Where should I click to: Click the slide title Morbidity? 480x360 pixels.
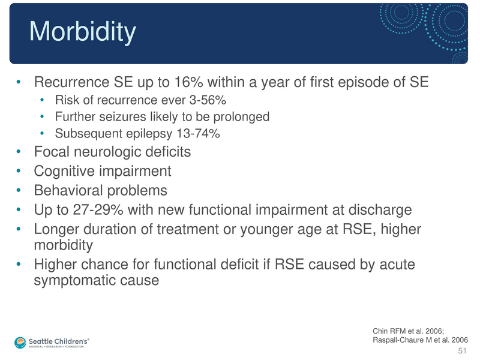point(82,32)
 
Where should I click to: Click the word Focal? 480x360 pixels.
point(52,152)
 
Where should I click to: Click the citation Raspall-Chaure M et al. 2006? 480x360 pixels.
point(420,340)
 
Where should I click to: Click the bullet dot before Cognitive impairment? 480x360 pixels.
point(20,172)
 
